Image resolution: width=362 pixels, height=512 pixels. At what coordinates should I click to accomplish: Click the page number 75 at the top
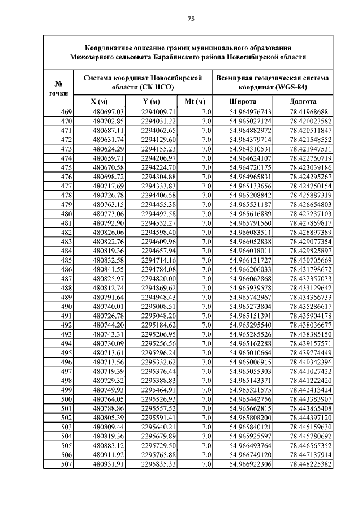[191, 19]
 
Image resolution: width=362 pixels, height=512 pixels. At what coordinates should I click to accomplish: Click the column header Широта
[242, 101]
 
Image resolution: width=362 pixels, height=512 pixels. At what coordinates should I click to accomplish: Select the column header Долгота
[303, 101]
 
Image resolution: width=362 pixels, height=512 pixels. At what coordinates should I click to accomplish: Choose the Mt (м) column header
[195, 101]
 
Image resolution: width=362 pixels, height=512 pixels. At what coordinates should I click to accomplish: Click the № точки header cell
[58, 87]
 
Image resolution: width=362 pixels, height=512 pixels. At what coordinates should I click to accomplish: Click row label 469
[66, 112]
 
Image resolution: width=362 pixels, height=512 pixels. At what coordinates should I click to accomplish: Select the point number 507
[66, 464]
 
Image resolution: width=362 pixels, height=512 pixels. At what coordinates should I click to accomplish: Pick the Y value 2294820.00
[159, 278]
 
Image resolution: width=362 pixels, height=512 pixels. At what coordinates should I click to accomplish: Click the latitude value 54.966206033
[250, 269]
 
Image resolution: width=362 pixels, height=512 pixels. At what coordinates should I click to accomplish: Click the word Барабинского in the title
[173, 57]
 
